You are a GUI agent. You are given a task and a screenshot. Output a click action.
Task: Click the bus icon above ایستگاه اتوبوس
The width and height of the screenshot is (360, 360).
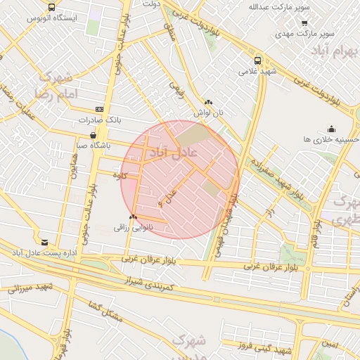click(x=51, y=6)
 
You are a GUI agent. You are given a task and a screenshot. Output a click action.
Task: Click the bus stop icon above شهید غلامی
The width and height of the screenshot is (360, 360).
click(x=257, y=60)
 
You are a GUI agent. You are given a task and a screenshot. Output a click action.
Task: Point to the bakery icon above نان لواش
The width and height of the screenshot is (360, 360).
click(x=208, y=102)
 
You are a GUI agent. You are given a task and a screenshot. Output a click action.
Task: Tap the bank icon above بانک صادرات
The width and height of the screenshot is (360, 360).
click(x=98, y=110)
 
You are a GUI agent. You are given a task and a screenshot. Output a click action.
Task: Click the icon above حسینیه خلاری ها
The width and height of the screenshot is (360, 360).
click(x=331, y=129)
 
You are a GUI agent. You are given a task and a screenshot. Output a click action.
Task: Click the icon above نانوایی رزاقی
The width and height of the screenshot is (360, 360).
click(x=133, y=217)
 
